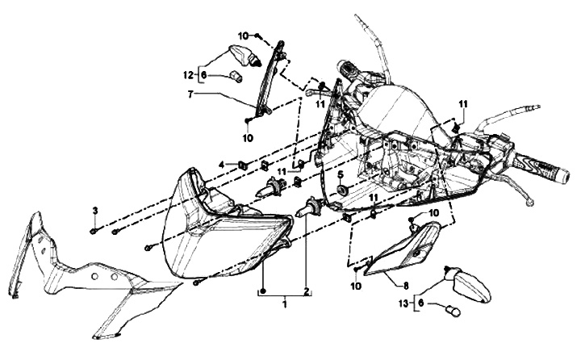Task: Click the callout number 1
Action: point(284,305)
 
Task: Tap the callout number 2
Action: point(306,291)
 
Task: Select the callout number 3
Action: point(94,211)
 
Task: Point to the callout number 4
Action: point(222,165)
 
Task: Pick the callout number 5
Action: point(341,175)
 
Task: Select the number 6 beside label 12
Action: point(203,74)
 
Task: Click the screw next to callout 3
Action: point(95,230)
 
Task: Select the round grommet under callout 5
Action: point(341,190)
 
